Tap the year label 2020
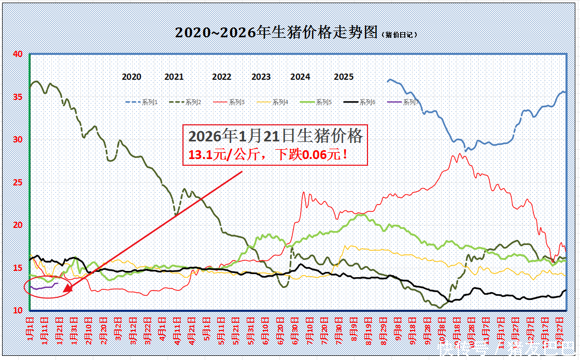(x=132, y=77)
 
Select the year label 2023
(x=261, y=77)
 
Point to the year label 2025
(x=343, y=77)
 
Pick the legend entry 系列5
(x=324, y=103)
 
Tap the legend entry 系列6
(x=367, y=103)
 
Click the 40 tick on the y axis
(x=18, y=54)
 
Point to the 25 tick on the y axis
(x=18, y=182)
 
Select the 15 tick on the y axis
(x=18, y=268)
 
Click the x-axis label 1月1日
(x=30, y=328)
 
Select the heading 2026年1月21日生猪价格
(x=275, y=136)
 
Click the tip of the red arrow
(x=65, y=291)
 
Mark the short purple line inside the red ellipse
(x=45, y=286)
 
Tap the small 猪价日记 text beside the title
(x=400, y=35)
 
